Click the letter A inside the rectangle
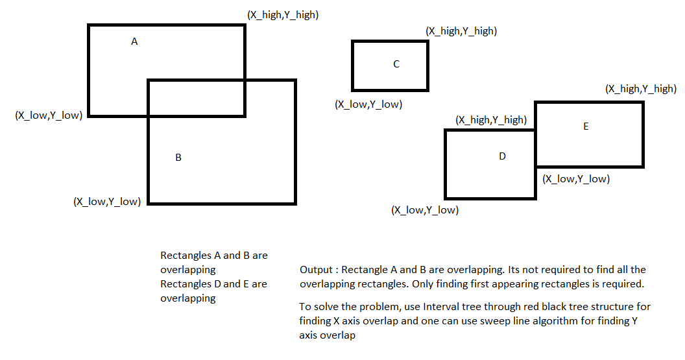pyautogui.click(x=134, y=42)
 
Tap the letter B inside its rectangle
pyautogui.click(x=178, y=158)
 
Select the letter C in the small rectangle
pyautogui.click(x=396, y=64)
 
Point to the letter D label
pyautogui.click(x=502, y=156)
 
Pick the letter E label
pyautogui.click(x=586, y=126)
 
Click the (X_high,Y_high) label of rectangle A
pyautogui.click(x=282, y=14)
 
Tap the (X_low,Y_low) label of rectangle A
pyautogui.click(x=49, y=115)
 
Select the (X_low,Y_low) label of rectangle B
pyautogui.click(x=107, y=201)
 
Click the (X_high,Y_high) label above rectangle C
pyautogui.click(x=461, y=30)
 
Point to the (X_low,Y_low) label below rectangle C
pyautogui.click(x=368, y=104)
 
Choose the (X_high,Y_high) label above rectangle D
pyautogui.click(x=491, y=119)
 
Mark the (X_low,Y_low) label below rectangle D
pyautogui.click(x=425, y=210)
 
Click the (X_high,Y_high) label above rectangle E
pyautogui.click(x=640, y=89)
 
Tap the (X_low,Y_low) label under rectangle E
pyautogui.click(x=576, y=178)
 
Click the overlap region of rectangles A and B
pyautogui.click(x=196, y=98)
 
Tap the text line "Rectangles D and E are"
pyautogui.click(x=213, y=284)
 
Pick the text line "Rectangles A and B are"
pyautogui.click(x=214, y=256)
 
